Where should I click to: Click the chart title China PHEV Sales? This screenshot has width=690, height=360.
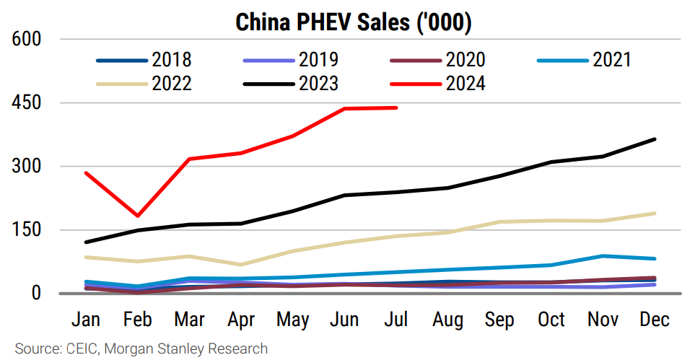(x=354, y=22)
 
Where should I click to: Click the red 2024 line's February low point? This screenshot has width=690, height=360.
(x=138, y=215)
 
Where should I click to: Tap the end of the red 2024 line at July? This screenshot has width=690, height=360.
(x=396, y=107)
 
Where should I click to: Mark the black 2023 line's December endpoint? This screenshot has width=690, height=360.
(x=655, y=139)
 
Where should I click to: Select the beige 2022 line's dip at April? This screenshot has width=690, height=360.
(x=241, y=265)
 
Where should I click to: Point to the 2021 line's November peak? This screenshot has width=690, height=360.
(x=603, y=255)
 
